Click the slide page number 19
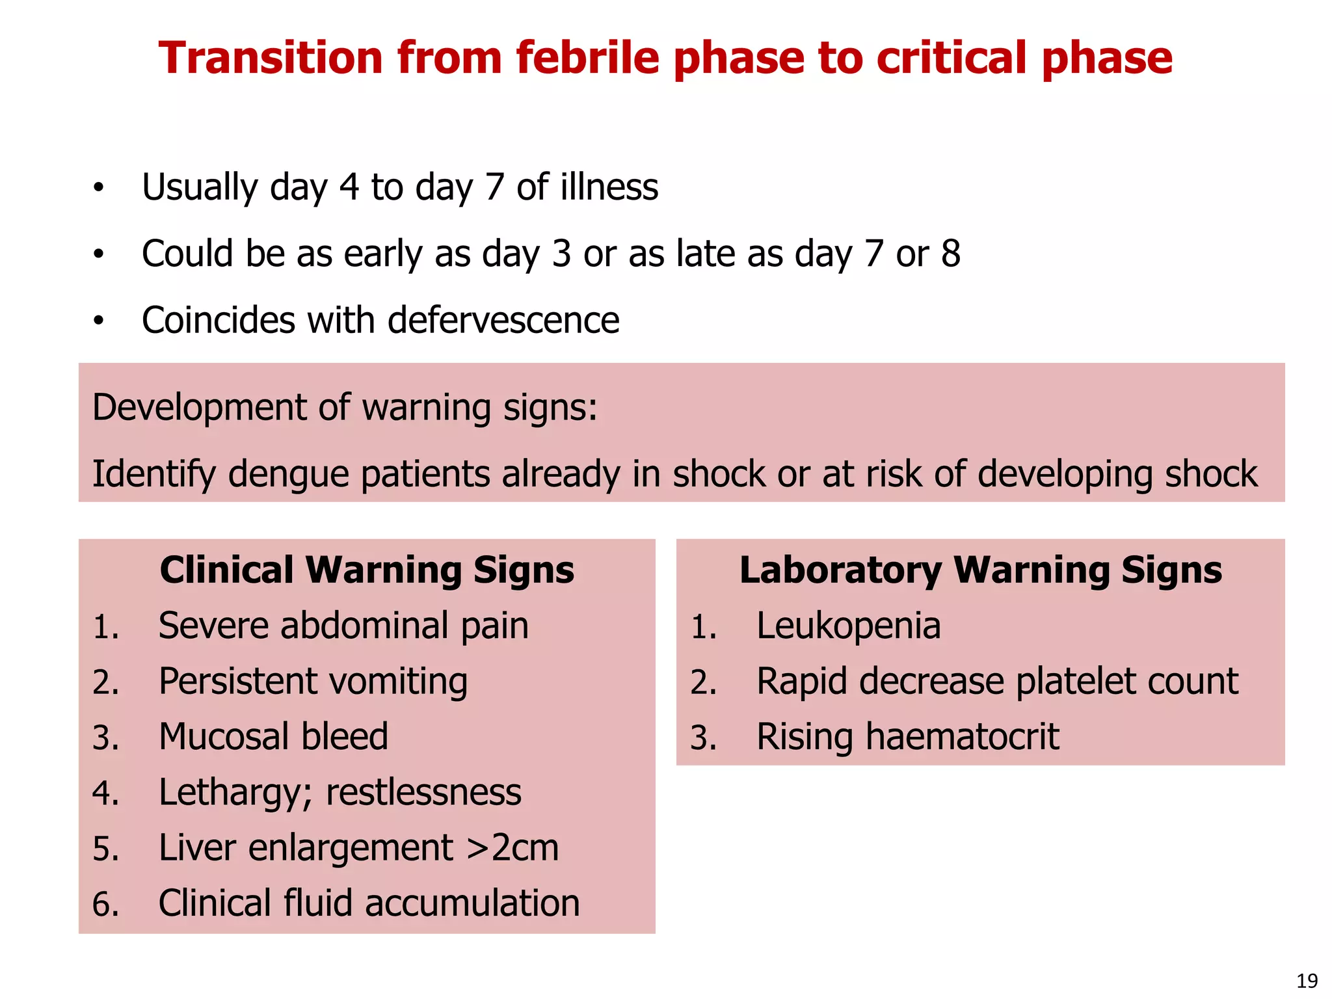(x=1307, y=980)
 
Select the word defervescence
(x=503, y=320)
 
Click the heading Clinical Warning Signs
(x=367, y=570)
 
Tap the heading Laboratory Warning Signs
(x=980, y=570)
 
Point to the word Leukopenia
(x=848, y=626)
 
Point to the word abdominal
(x=364, y=626)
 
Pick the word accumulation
(x=472, y=903)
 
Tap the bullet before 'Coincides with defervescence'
(x=98, y=321)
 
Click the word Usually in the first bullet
(x=200, y=187)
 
